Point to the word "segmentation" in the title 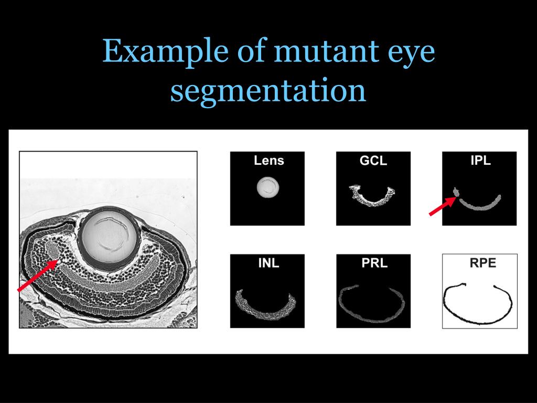(268, 90)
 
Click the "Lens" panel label (268, 161)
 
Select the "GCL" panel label (373, 161)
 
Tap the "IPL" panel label (480, 161)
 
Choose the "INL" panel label (268, 263)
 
